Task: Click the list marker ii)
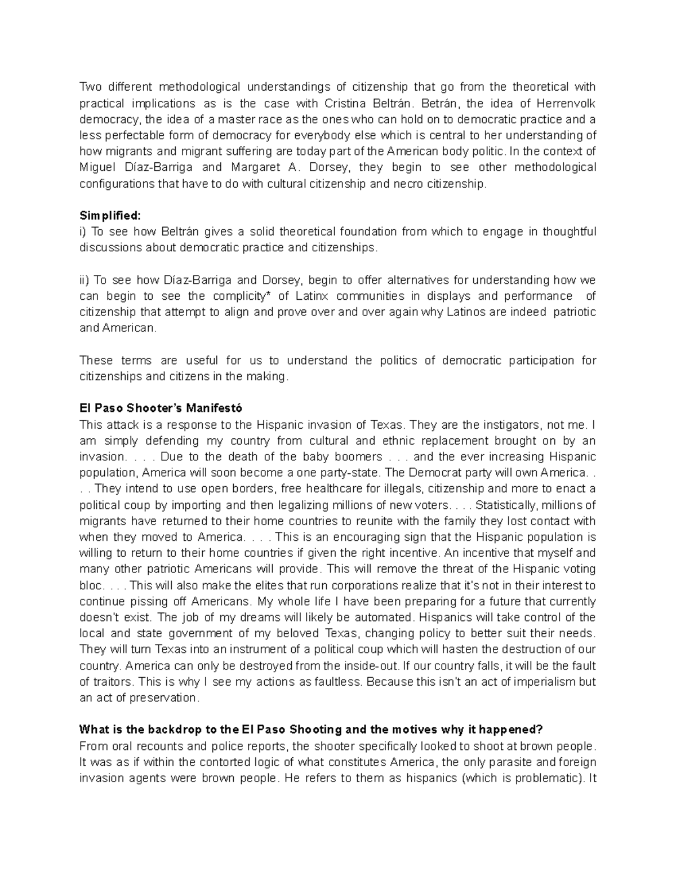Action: click(x=84, y=280)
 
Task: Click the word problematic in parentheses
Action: click(x=540, y=778)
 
